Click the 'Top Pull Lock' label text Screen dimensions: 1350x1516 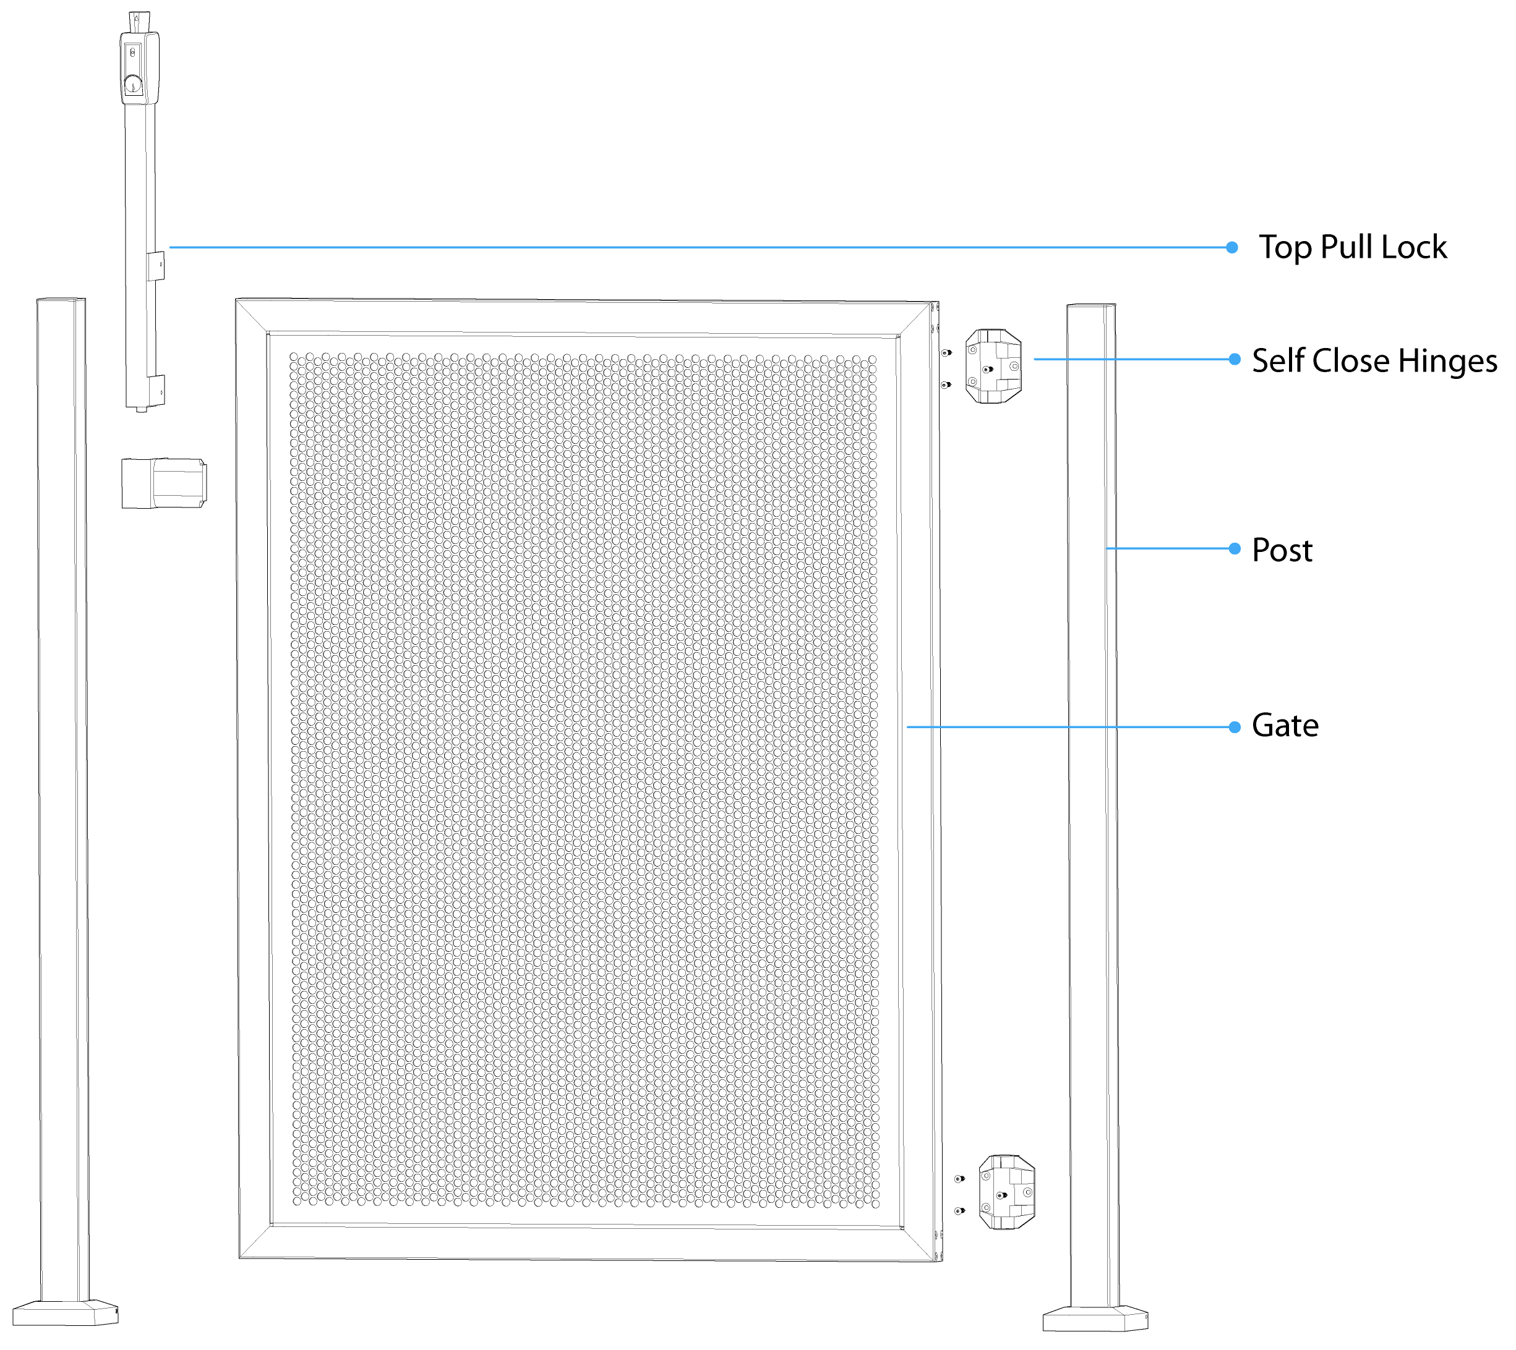coord(1352,247)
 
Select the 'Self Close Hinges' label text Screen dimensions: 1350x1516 coord(1374,360)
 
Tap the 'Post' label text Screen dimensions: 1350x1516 coord(1282,550)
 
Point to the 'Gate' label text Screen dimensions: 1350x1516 coord(1285,726)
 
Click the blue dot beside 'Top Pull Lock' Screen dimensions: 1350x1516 coord(1232,248)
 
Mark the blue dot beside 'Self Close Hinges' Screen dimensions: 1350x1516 coord(1235,359)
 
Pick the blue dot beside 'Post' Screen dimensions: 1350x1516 coord(1235,549)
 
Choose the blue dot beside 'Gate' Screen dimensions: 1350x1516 coord(1235,727)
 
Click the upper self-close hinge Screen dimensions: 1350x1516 coord(993,367)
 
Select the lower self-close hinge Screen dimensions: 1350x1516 coord(1006,1192)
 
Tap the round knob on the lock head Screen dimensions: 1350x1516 coord(134,84)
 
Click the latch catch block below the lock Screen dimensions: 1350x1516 coord(163,483)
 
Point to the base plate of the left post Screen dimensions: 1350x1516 coord(66,1313)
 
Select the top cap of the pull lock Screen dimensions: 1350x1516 coord(139,20)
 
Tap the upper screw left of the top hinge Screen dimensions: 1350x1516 coord(946,353)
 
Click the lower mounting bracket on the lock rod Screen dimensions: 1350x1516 coord(155,389)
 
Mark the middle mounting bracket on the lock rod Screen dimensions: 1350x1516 coord(155,266)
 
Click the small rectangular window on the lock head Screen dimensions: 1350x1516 coord(134,53)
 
